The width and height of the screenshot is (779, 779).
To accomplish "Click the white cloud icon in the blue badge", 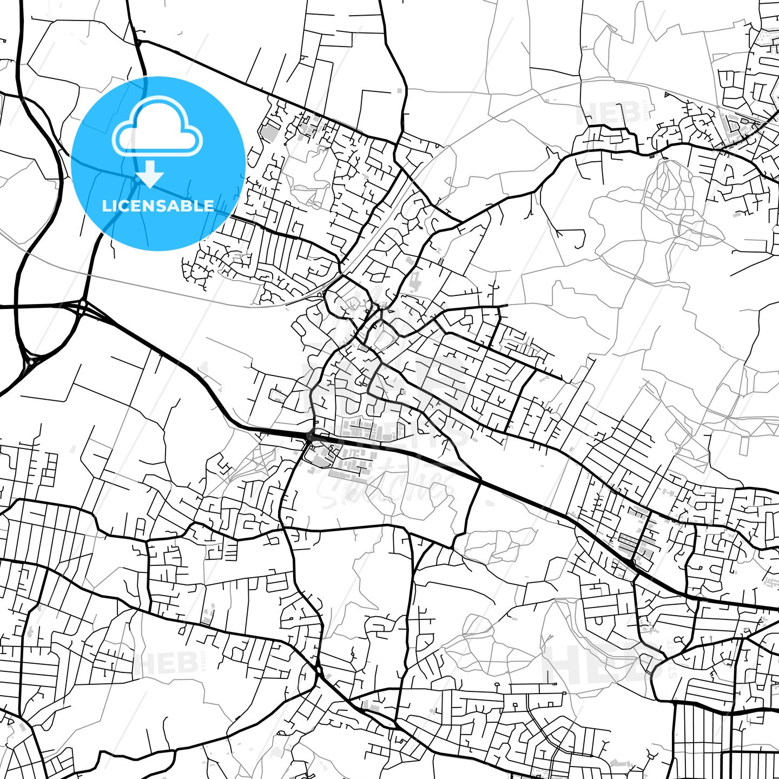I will [157, 129].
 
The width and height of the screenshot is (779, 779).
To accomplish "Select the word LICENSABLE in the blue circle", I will [158, 206].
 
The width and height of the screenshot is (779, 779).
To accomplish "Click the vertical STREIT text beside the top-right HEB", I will [644, 113].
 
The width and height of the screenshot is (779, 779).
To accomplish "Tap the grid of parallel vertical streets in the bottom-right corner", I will [698, 741].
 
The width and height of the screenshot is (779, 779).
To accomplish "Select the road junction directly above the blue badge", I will [137, 42].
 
